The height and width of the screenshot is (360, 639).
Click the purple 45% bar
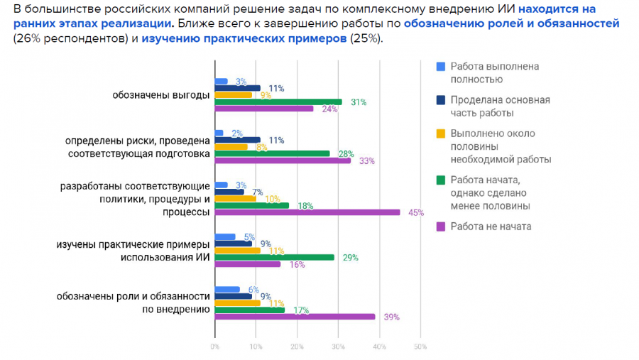[x=307, y=212]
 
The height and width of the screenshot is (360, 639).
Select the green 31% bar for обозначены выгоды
[x=278, y=102]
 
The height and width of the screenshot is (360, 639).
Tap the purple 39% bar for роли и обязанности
[x=295, y=317]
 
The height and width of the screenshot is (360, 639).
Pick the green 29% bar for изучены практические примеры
[x=274, y=257]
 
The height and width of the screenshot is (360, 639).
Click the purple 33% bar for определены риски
[x=282, y=160]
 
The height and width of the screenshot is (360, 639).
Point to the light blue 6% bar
[x=227, y=289]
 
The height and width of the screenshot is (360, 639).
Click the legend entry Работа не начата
[x=491, y=227]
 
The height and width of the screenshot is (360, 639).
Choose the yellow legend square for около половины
[x=440, y=133]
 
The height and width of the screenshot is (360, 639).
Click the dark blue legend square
[x=440, y=100]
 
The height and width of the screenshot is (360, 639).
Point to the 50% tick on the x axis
[x=420, y=347]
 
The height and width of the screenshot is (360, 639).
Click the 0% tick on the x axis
[x=214, y=347]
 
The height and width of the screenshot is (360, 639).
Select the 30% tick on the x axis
[x=338, y=347]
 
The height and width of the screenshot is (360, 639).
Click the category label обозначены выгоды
[x=161, y=95]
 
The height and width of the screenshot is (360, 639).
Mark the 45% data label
[x=416, y=212]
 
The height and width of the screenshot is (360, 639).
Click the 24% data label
[x=329, y=109]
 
